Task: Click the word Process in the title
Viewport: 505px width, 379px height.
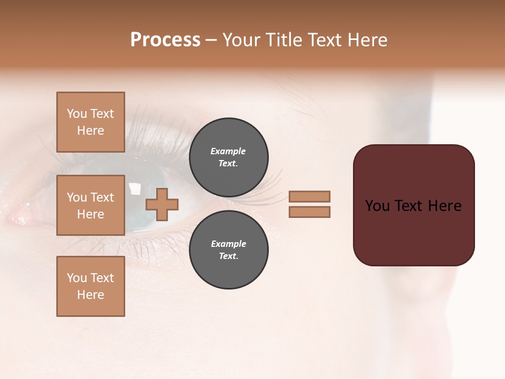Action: pos(165,40)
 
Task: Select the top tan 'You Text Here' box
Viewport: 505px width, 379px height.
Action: pos(90,122)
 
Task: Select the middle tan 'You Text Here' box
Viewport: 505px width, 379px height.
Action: pos(90,205)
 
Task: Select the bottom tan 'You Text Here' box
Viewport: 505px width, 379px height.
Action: pos(90,286)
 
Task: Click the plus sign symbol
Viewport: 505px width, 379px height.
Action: pos(162,204)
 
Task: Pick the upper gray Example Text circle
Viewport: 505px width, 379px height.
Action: pos(228,157)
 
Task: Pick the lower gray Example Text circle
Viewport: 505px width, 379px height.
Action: pos(228,250)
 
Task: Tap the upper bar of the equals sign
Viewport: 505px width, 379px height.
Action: pos(309,196)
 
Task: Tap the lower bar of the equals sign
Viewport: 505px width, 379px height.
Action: pos(309,212)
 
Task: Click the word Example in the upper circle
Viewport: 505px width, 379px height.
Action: pos(228,151)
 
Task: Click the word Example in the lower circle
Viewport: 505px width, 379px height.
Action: pos(228,244)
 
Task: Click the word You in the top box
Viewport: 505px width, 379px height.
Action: pos(77,114)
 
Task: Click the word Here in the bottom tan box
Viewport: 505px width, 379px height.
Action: pos(90,295)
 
